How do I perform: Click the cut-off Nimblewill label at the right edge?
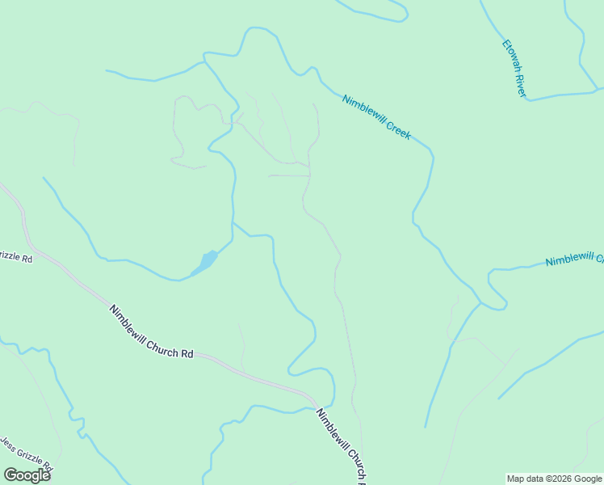coord(573,260)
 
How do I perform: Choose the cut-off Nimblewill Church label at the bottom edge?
coord(343,445)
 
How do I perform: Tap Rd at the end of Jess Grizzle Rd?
coord(48,468)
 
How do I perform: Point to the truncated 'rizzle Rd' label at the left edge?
coord(15,259)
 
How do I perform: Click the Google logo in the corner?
coord(27,475)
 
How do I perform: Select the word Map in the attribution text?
coord(516,479)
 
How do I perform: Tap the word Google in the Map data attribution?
coord(589,479)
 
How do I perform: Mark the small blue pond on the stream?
coord(206,261)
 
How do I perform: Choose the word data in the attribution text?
coord(535,479)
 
